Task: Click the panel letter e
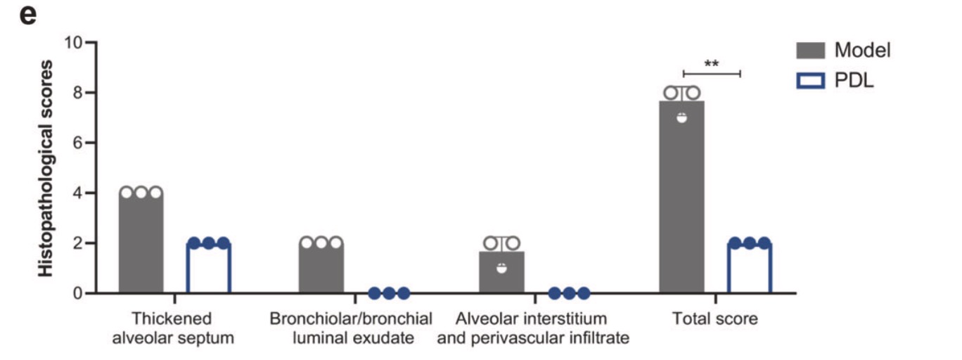click(x=27, y=15)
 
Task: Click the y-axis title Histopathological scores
click(x=46, y=169)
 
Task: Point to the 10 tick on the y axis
click(x=73, y=42)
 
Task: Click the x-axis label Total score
click(x=715, y=319)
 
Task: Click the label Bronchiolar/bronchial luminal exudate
click(x=351, y=328)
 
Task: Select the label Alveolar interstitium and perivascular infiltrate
click(x=532, y=328)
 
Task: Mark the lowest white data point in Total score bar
click(x=681, y=117)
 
